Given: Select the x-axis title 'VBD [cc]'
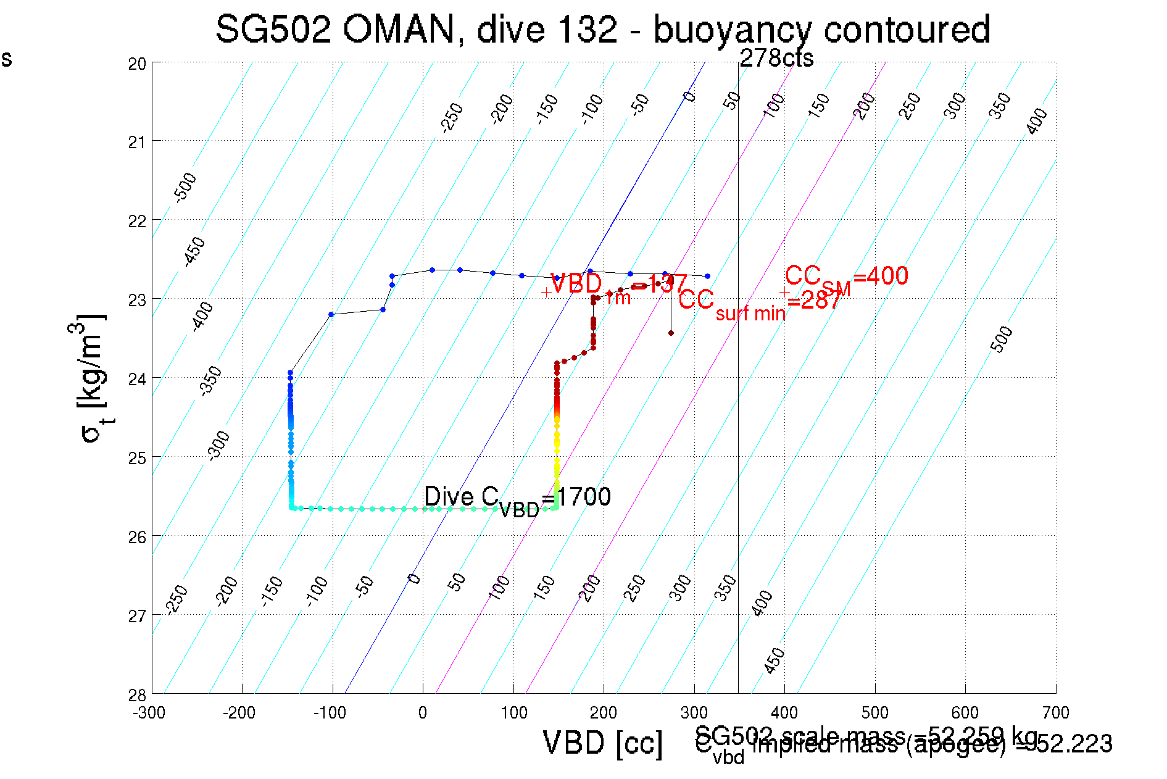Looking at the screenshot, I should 602,743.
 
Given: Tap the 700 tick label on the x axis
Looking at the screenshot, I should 1055,713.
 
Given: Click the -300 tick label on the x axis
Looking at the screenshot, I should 149,713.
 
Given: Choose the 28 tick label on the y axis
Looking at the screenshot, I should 137,695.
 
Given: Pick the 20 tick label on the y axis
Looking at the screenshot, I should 137,64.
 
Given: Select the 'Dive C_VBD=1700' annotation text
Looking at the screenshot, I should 517,498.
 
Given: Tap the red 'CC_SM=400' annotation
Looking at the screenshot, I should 846,277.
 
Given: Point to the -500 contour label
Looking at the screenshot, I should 185,188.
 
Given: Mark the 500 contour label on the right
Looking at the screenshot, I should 1001,339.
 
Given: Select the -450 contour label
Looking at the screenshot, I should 194,251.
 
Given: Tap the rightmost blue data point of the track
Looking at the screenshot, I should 707,276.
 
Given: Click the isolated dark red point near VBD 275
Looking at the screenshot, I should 671,333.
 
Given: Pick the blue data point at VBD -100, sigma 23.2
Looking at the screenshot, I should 331,315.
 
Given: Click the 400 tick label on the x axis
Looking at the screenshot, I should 784,713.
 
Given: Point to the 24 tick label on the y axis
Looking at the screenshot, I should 137,379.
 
